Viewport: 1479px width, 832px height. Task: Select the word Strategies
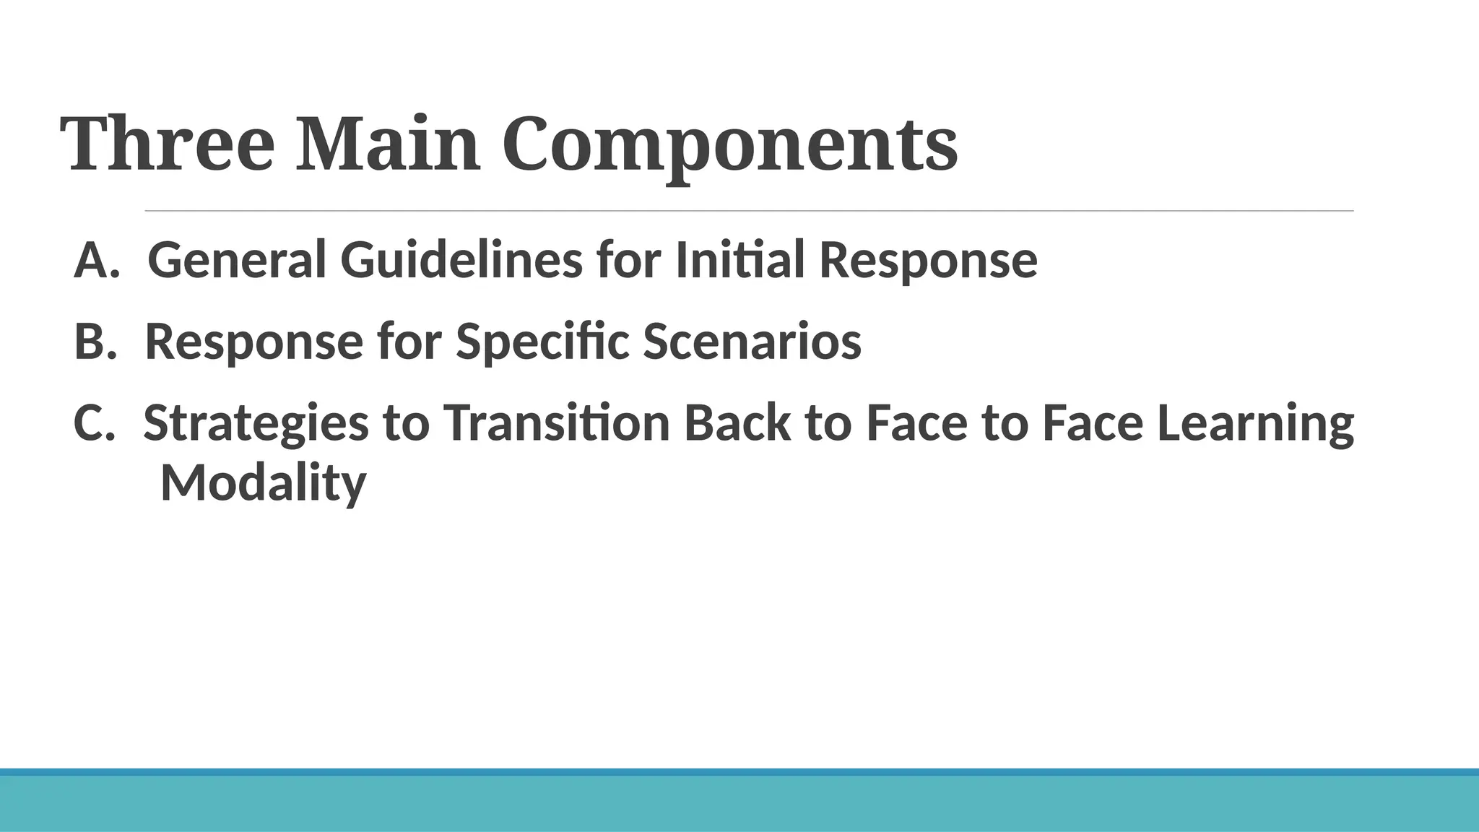256,424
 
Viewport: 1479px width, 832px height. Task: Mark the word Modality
263,483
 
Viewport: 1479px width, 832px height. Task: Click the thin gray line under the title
749,211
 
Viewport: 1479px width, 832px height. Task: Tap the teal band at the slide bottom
739,803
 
